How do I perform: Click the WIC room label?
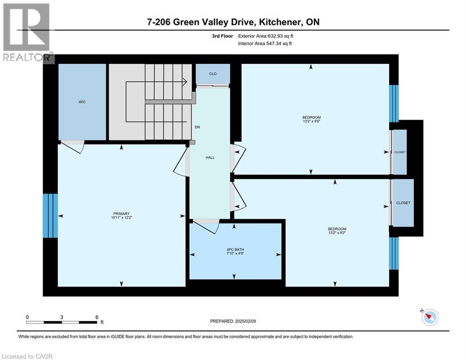click(82, 102)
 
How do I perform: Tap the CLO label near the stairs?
click(213, 74)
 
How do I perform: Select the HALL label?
click(210, 157)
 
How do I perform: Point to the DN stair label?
click(197, 127)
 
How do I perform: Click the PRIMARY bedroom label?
click(122, 214)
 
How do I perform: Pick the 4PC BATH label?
click(235, 250)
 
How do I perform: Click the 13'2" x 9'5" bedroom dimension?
click(311, 121)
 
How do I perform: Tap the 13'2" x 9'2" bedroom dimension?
click(337, 233)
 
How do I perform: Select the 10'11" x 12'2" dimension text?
click(122, 217)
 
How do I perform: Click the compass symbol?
click(430, 317)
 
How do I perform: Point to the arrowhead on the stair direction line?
click(185, 82)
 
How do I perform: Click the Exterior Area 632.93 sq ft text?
click(266, 36)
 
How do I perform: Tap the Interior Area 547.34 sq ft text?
click(265, 44)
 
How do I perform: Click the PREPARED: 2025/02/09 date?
click(233, 321)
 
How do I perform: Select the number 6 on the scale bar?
click(97, 317)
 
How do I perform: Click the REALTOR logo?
click(27, 32)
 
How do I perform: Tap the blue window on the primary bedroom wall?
click(50, 216)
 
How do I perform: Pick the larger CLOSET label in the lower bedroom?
click(403, 202)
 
